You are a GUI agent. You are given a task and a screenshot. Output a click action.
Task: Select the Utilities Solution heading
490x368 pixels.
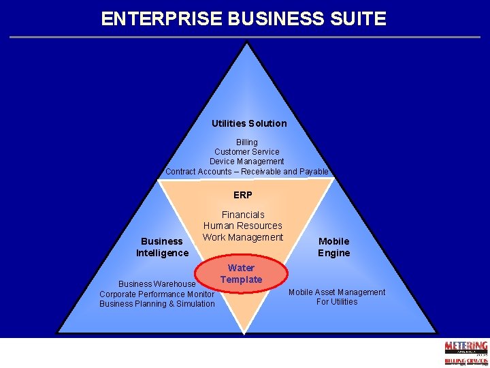(x=249, y=123)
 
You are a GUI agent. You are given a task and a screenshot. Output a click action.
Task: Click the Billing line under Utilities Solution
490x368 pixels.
(x=247, y=142)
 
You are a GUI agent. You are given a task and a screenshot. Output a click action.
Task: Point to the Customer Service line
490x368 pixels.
(x=247, y=152)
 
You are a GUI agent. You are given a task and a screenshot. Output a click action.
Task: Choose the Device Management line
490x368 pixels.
(x=247, y=162)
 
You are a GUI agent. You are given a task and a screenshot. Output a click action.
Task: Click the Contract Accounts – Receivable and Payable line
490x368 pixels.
(x=247, y=172)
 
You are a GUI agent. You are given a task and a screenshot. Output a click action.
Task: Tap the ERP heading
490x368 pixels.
(x=243, y=195)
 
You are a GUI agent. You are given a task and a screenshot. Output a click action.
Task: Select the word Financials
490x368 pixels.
(x=243, y=215)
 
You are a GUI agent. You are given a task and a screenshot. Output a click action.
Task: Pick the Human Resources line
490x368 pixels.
(x=243, y=226)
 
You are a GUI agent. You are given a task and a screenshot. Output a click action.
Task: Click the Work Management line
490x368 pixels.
(x=243, y=237)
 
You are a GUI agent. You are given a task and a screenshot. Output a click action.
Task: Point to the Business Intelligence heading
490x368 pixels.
(x=162, y=247)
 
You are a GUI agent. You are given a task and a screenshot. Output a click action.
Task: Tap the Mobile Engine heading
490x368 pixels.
(x=334, y=247)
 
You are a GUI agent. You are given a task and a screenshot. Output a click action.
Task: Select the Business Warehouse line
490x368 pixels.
(x=157, y=284)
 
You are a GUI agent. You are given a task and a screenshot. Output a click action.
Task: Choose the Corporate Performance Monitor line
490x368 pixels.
(x=157, y=294)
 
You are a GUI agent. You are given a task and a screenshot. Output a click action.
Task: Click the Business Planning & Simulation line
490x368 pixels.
(x=157, y=304)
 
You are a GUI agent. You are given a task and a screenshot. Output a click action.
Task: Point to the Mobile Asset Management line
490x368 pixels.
(x=337, y=292)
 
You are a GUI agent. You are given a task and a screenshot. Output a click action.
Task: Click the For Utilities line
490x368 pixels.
(x=337, y=302)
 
